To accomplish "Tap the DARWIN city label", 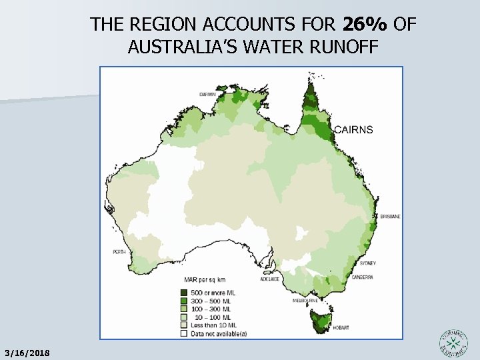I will click(208, 95).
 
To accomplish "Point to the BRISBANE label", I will click(390, 217).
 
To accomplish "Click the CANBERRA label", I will click(363, 277).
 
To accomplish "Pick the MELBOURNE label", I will click(303, 301).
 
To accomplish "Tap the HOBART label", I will click(341, 328).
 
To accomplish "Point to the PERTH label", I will click(120, 252).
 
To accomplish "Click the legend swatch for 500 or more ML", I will click(183, 293).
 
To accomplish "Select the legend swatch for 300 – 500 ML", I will click(183, 301).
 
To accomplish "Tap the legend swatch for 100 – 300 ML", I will click(183, 309).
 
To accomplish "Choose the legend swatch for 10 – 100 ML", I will click(183, 317).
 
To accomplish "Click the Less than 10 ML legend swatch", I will click(183, 325).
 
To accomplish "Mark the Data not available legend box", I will click(183, 333).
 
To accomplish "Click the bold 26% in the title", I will click(365, 25).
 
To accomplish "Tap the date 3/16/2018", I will click(26, 351).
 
